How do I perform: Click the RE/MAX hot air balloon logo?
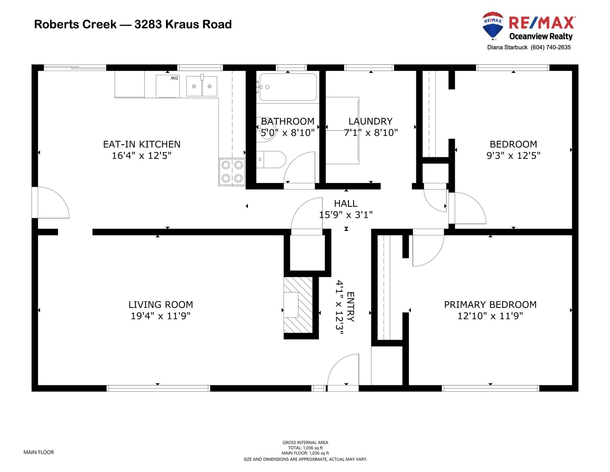(492, 26)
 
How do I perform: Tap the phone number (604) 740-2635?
(551, 47)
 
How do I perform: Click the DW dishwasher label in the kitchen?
(174, 78)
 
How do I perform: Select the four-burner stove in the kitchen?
(232, 172)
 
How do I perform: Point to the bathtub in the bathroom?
(288, 87)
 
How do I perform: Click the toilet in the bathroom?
(271, 159)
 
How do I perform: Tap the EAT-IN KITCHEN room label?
(142, 144)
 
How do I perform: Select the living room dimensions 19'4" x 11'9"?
(161, 316)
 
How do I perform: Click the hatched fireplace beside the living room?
(298, 305)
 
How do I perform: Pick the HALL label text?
(345, 203)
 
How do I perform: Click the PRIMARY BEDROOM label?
(490, 304)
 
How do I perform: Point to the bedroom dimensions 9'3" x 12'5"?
(514, 155)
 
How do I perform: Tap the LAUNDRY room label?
(371, 121)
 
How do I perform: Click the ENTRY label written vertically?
(351, 307)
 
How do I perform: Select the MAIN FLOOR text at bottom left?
(39, 452)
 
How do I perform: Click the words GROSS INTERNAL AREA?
(305, 443)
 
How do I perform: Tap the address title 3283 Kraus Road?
(183, 24)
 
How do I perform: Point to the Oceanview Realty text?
(541, 36)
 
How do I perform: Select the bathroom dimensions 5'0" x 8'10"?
(287, 133)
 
